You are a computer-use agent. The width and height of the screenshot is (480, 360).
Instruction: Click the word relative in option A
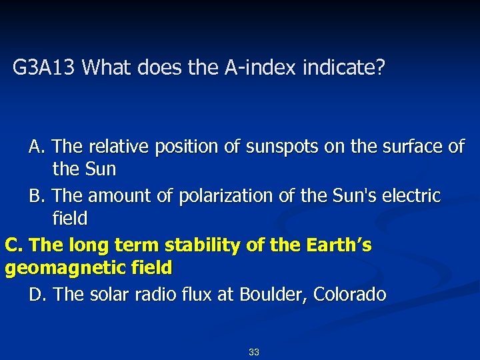pos(115,146)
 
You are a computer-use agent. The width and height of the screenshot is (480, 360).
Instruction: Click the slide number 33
pos(253,352)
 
